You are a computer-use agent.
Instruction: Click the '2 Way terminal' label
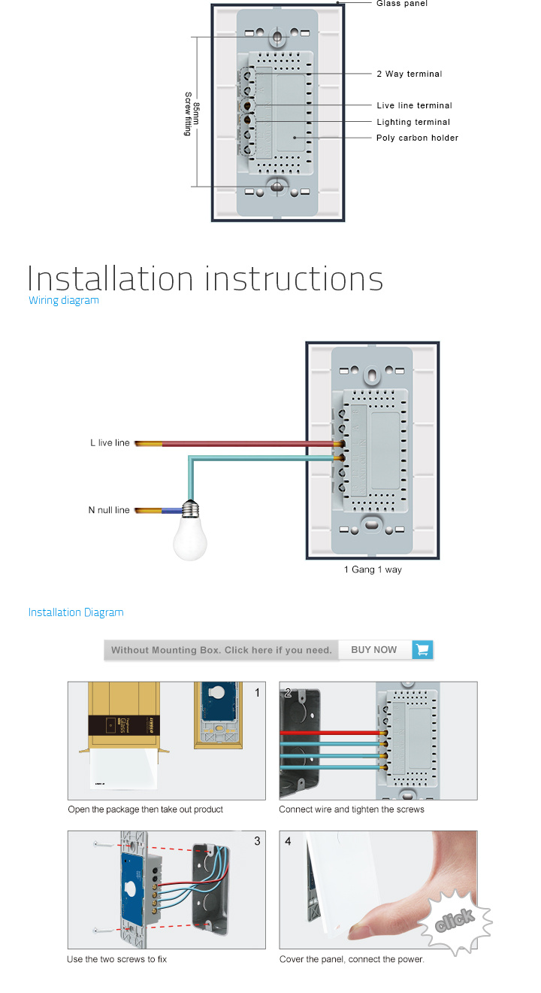pyautogui.click(x=409, y=74)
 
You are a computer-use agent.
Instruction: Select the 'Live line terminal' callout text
pyautogui.click(x=414, y=105)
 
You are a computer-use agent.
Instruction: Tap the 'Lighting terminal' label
pyautogui.click(x=413, y=122)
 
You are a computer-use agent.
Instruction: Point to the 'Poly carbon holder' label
pyautogui.click(x=417, y=138)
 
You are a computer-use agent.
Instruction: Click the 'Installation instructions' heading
pyautogui.click(x=205, y=279)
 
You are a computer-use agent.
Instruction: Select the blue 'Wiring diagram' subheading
pyautogui.click(x=64, y=300)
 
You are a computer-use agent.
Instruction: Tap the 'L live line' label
pyautogui.click(x=110, y=443)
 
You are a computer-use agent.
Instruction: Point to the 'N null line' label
pyautogui.click(x=109, y=510)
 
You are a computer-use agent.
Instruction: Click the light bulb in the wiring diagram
pyautogui.click(x=190, y=532)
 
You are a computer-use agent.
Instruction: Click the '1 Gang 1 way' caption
pyautogui.click(x=373, y=569)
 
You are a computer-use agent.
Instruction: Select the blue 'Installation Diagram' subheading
pyautogui.click(x=76, y=612)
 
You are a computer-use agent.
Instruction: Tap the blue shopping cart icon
pyautogui.click(x=422, y=650)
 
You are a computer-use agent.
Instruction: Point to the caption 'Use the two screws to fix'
pyautogui.click(x=117, y=959)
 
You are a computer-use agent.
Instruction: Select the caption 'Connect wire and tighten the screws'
pyautogui.click(x=352, y=809)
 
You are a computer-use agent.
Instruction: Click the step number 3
pyautogui.click(x=257, y=841)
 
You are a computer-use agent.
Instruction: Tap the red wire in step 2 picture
pyautogui.click(x=331, y=733)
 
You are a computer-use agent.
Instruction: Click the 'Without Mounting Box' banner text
pyautogui.click(x=222, y=650)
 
